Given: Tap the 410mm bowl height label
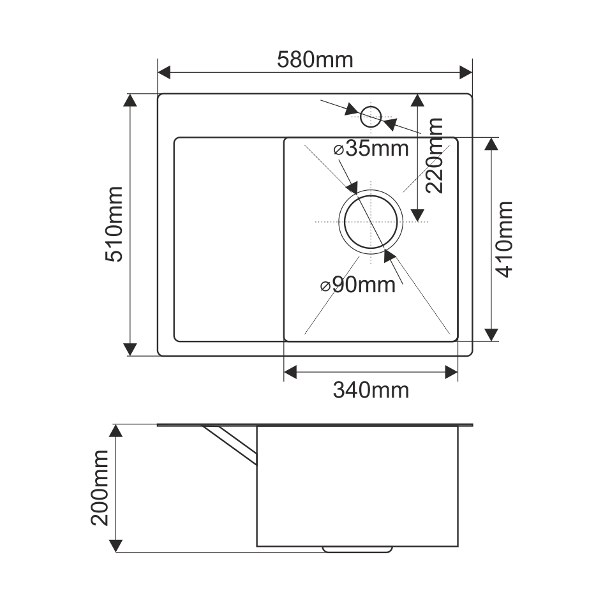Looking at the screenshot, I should click(504, 239).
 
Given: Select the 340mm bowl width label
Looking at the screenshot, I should click(371, 389).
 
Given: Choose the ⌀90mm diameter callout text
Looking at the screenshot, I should click(358, 285).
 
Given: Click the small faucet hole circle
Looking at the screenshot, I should click(371, 116).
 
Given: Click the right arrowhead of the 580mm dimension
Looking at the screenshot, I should click(465, 72).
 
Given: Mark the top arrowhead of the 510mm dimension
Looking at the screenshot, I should click(130, 101).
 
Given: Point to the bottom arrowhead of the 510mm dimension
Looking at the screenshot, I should click(130, 348).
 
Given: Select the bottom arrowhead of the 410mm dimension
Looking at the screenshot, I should click(491, 334).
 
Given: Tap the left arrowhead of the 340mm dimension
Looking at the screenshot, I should click(291, 371).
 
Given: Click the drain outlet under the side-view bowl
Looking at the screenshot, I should click(357, 549).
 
